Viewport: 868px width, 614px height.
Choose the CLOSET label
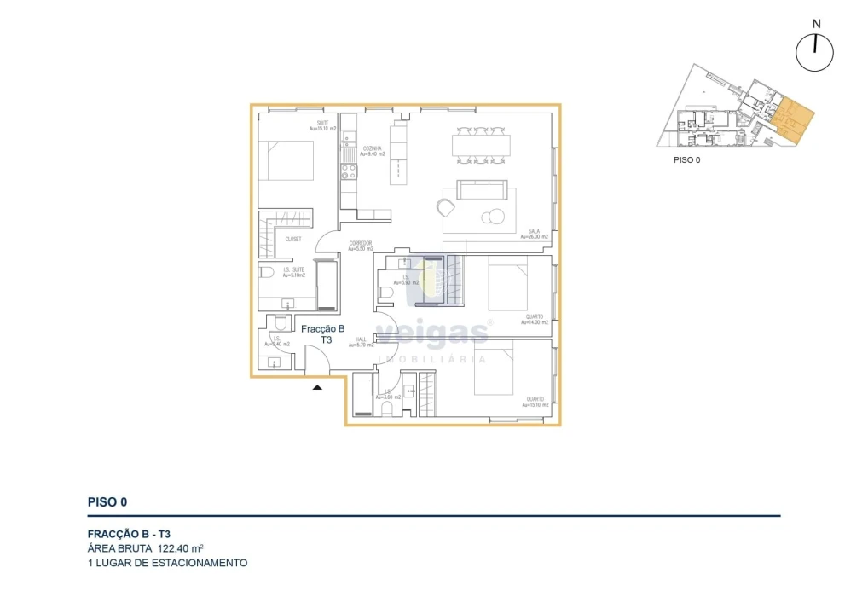point(293,240)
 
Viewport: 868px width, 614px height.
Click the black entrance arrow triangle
point(317,388)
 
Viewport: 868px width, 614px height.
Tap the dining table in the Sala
point(483,146)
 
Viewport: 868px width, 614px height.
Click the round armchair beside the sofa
point(446,207)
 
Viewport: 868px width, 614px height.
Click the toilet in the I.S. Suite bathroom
point(267,274)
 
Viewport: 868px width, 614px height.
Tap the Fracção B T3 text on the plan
point(323,333)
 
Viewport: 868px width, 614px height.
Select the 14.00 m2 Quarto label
point(535,320)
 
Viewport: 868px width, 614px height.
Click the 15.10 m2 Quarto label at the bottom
point(535,402)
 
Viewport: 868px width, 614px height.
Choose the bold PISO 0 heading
point(107,502)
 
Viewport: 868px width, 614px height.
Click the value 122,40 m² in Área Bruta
point(180,548)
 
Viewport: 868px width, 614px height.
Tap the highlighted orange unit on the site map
point(791,118)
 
